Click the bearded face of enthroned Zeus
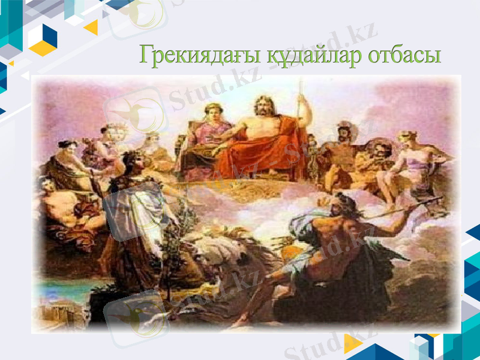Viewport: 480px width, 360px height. (262, 107)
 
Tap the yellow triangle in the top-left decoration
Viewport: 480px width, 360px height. (92, 28)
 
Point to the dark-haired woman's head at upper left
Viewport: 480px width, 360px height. (68, 147)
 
